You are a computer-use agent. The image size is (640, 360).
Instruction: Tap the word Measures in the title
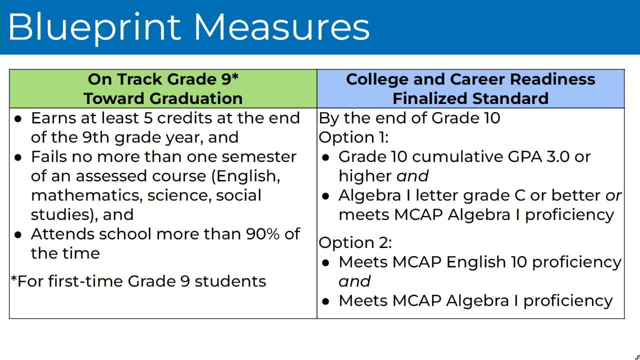(281, 26)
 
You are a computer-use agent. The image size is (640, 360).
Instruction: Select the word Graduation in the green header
(196, 98)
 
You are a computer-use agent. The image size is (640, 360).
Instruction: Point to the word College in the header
(377, 79)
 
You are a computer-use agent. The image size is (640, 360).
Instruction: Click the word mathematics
(86, 195)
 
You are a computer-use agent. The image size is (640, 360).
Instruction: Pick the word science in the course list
(179, 195)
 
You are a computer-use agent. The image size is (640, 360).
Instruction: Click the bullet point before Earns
(18, 119)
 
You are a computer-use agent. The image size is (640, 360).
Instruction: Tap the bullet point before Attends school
(18, 235)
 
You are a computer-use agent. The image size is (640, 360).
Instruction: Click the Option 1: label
(353, 137)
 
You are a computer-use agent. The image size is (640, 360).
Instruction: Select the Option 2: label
(355, 242)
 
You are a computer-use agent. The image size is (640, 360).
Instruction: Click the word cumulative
(457, 157)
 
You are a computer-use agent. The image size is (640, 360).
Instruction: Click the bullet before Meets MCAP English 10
(325, 263)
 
